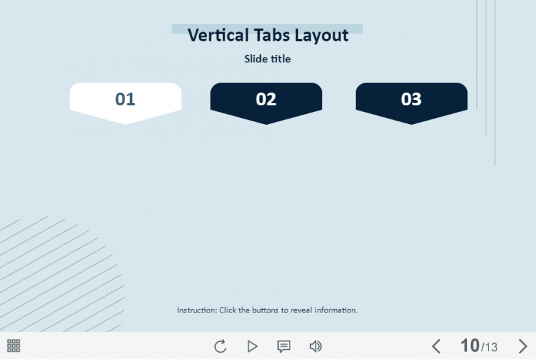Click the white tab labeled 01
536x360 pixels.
pyautogui.click(x=125, y=100)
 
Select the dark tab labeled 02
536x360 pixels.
pyautogui.click(x=266, y=100)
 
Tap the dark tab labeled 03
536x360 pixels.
pyautogui.click(x=411, y=100)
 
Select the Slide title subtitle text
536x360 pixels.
pyautogui.click(x=267, y=59)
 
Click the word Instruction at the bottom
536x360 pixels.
pyautogui.click(x=196, y=310)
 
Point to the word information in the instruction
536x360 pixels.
pyautogui.click(x=336, y=310)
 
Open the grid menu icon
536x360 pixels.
pyautogui.click(x=13, y=346)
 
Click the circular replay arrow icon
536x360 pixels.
pyautogui.click(x=220, y=347)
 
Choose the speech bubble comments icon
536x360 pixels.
pyautogui.click(x=284, y=347)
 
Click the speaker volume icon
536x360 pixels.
pyautogui.click(x=316, y=347)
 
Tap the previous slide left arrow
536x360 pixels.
pyautogui.click(x=436, y=347)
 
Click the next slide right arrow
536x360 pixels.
pyautogui.click(x=523, y=347)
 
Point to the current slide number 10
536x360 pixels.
pyautogui.click(x=470, y=346)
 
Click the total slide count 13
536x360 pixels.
pyautogui.click(x=491, y=347)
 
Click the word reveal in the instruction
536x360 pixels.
pyautogui.click(x=300, y=310)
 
